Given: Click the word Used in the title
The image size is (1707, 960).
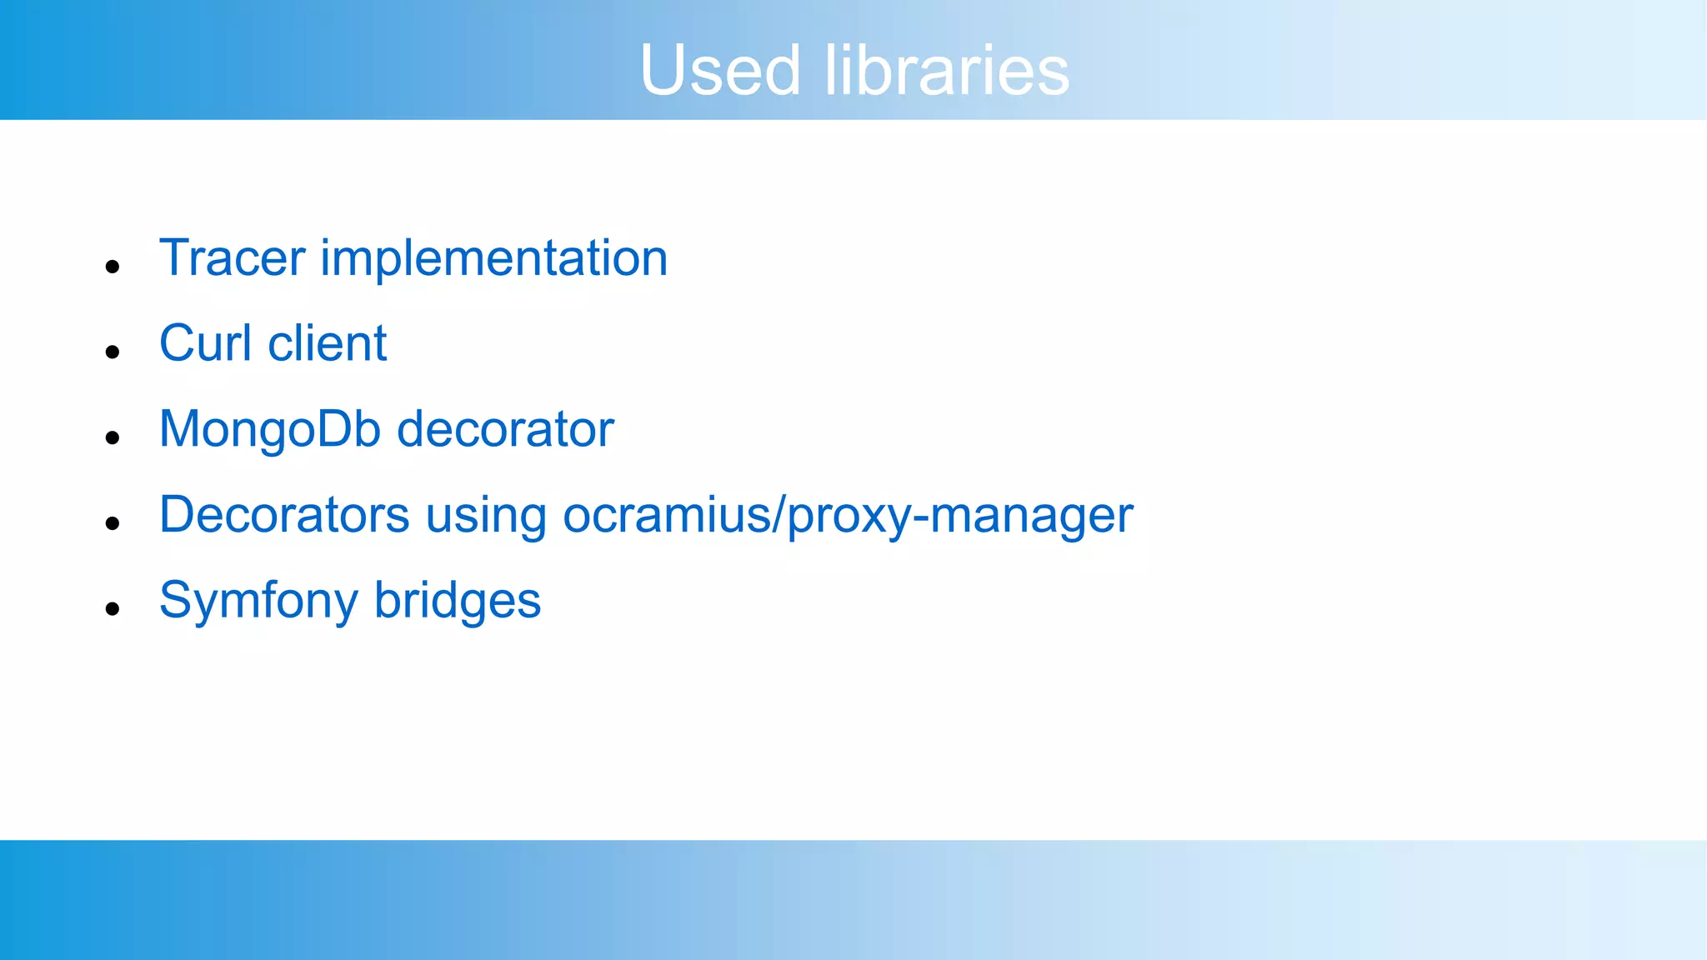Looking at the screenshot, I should coord(720,70).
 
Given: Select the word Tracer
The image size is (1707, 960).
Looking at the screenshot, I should coord(233,258).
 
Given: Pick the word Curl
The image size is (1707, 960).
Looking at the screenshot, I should coord(205,343).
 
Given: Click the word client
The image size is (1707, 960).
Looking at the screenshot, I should coord(328,343).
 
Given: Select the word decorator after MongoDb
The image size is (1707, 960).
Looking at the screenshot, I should coord(505,429).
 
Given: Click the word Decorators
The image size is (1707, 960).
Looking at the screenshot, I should coord(284,515).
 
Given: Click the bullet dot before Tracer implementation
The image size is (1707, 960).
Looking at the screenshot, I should coord(113,267).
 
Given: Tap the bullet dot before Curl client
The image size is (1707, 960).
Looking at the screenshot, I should coord(113,352).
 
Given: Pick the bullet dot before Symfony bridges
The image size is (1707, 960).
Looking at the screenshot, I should coord(113,609).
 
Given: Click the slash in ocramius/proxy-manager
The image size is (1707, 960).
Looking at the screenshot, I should coord(779,515).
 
